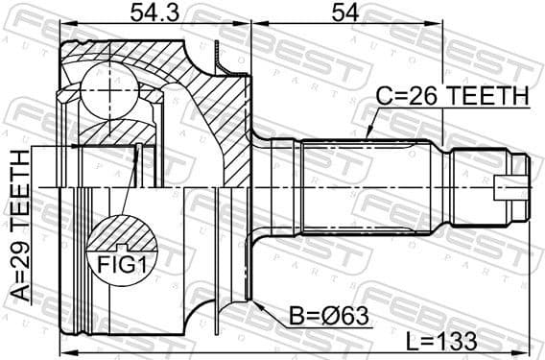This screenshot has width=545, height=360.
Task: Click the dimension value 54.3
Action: tap(154, 13)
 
